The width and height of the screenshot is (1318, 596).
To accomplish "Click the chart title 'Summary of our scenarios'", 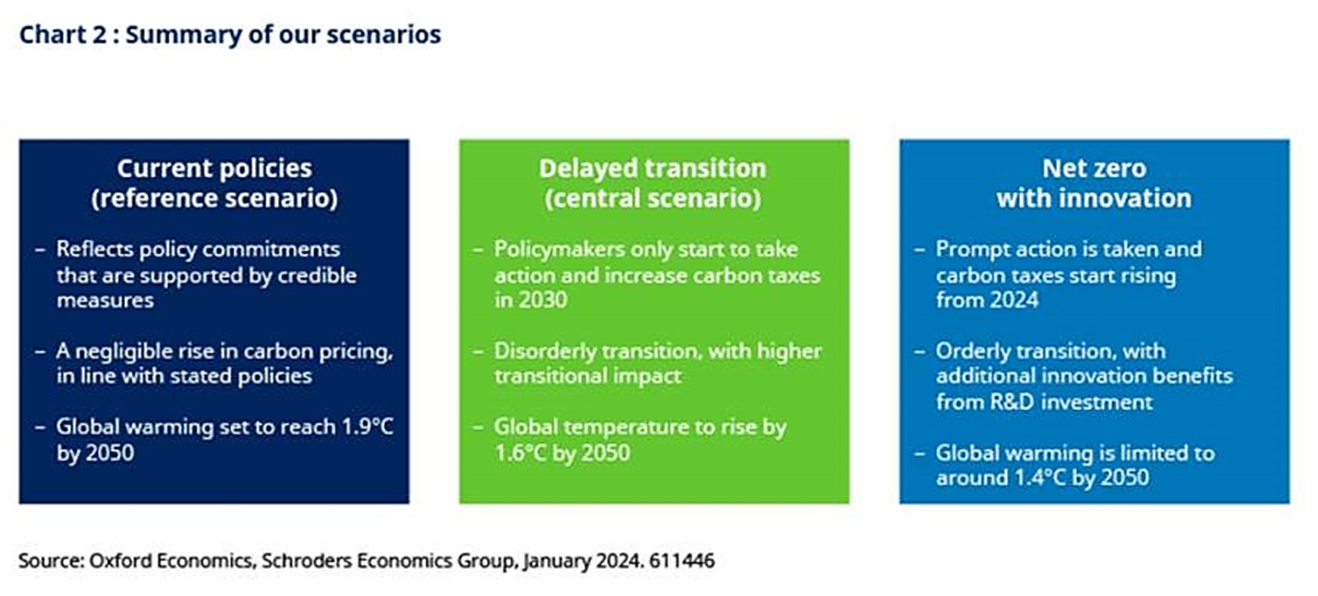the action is point(283,34).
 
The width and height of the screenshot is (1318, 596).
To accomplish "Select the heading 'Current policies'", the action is point(215,169).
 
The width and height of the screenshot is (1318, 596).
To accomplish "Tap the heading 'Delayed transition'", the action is point(652,169).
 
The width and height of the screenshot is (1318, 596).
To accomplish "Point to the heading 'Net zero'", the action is point(1094,169).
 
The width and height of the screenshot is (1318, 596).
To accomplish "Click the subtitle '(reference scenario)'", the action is point(215,199).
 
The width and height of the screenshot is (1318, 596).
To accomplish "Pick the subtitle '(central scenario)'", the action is point(652,199).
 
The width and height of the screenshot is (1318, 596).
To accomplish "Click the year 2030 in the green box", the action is point(542,300).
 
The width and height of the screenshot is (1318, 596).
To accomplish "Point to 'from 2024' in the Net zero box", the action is point(987,300).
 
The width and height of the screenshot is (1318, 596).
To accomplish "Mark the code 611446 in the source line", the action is point(681,561).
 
